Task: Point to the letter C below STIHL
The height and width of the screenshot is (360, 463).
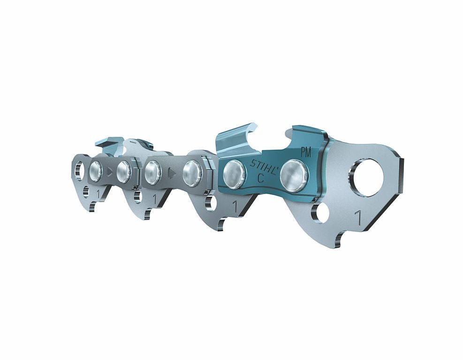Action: click(x=260, y=178)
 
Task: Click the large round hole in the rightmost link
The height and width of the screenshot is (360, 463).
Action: click(x=366, y=177)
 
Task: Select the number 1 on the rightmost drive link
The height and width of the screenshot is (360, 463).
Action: click(x=359, y=218)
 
